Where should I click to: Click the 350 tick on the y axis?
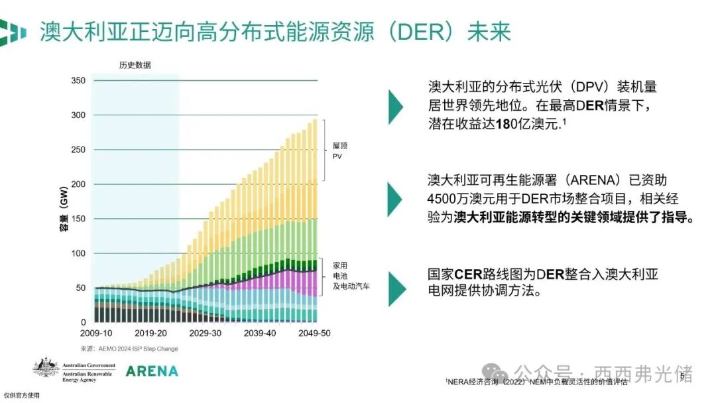coord(78,81)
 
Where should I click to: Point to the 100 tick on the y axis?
coord(78,253)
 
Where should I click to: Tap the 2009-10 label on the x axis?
coord(96,333)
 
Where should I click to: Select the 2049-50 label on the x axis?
coord(314,333)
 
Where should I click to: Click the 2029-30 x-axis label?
coord(205,333)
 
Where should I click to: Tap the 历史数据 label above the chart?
coord(135,65)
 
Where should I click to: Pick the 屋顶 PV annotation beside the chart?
coord(337,150)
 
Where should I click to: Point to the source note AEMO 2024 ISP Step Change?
coord(129,349)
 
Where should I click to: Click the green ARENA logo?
coord(152,371)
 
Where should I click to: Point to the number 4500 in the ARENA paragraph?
coord(444,200)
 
